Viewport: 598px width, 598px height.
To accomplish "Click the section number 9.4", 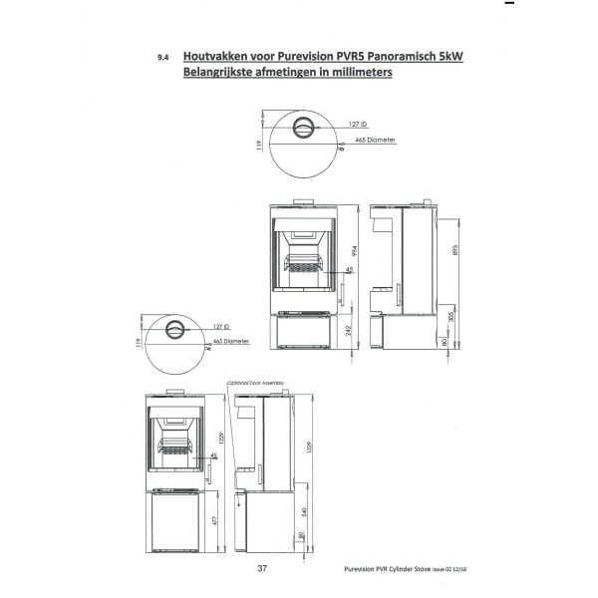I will [x=161, y=59].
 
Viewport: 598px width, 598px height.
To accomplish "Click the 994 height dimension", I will [x=354, y=250].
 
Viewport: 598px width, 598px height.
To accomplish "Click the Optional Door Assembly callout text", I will [x=255, y=383].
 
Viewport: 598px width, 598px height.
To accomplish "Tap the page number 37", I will [x=262, y=570].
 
